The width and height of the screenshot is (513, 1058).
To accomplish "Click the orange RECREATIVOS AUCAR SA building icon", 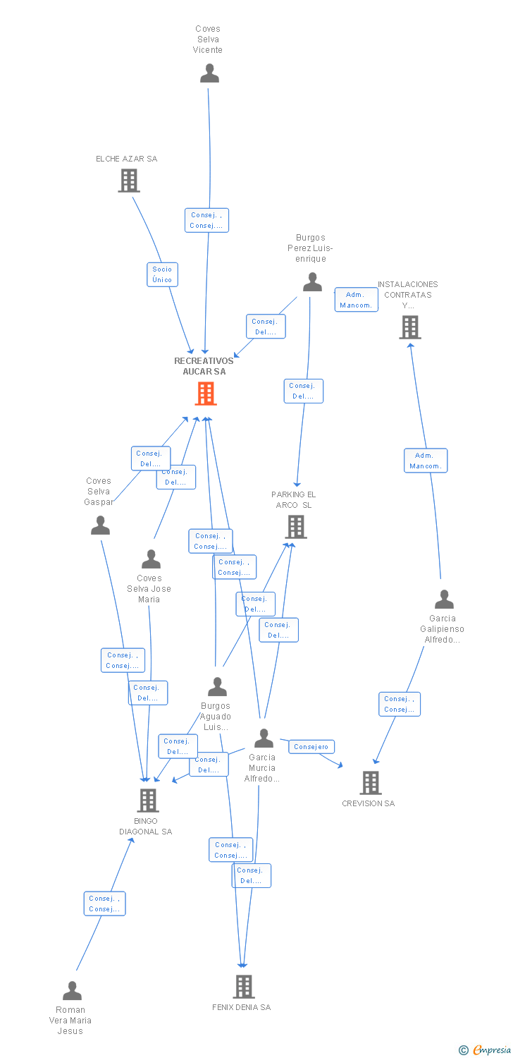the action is click(x=205, y=394).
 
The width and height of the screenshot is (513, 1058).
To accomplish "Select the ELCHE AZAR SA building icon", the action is click(x=128, y=181).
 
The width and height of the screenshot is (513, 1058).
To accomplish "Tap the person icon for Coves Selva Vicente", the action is click(x=209, y=73).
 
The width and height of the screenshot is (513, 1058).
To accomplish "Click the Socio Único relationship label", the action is click(x=162, y=274).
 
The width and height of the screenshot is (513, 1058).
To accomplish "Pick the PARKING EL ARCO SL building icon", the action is click(x=295, y=526).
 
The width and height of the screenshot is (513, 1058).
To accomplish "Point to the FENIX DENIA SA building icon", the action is click(x=243, y=986).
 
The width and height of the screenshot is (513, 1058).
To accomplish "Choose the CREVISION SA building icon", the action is click(x=370, y=782).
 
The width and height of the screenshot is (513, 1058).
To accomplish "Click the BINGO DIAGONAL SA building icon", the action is click(x=147, y=801).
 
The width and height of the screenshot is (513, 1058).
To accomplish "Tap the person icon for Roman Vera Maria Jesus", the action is click(x=72, y=991).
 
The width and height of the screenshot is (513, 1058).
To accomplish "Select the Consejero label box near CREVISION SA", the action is click(x=311, y=746).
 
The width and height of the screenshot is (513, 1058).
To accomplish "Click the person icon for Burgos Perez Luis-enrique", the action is click(x=312, y=282).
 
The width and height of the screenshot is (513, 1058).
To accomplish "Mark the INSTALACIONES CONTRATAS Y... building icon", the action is click(x=410, y=327).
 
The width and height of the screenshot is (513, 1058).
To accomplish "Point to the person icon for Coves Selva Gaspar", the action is click(x=101, y=525).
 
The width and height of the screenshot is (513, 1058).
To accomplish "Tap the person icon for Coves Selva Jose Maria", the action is click(x=151, y=559).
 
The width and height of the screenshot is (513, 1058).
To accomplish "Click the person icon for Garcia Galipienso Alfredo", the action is click(x=444, y=600).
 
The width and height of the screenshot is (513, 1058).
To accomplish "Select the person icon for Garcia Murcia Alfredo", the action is click(x=264, y=738).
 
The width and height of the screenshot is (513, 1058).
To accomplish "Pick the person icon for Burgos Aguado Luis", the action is click(x=217, y=686).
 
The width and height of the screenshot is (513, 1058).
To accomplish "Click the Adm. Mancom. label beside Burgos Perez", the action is click(x=356, y=300).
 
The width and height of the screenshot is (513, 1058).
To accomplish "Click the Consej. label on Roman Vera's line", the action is click(x=105, y=904).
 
